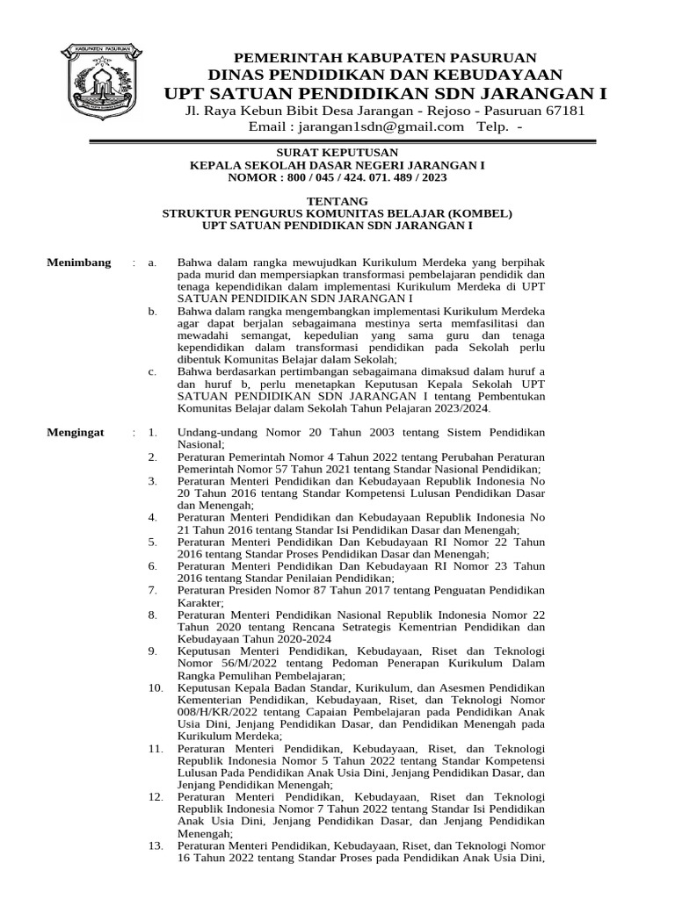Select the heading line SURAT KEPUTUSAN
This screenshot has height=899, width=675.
click(x=337, y=153)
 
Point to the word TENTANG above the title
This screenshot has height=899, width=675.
click(x=337, y=201)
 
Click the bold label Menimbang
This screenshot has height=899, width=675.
click(x=78, y=263)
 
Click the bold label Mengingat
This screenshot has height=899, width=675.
click(x=77, y=433)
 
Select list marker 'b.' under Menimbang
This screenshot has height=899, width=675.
click(x=152, y=311)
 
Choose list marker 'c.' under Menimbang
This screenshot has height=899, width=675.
click(x=152, y=371)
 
